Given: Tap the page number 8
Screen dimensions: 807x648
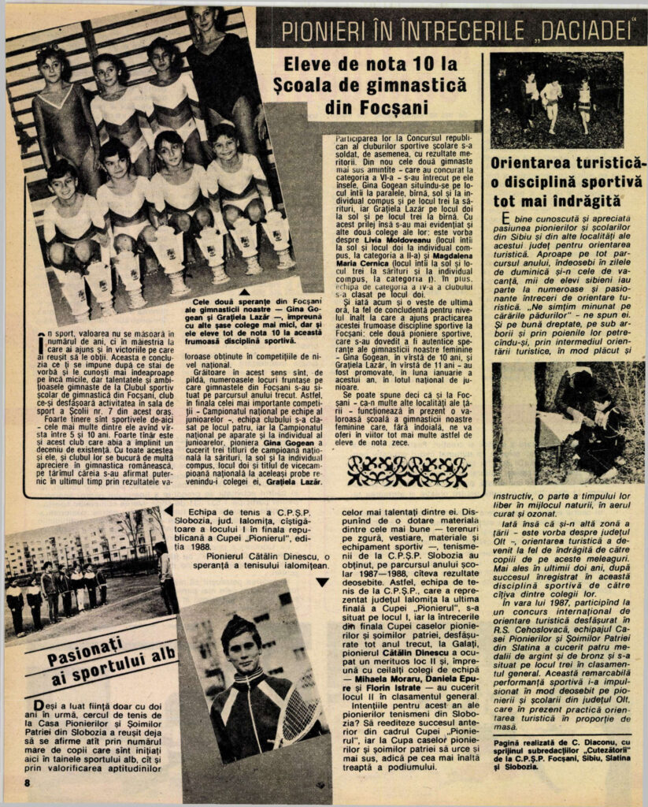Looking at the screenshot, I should click(27, 782).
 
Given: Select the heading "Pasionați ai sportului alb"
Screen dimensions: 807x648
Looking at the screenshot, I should click(100, 661).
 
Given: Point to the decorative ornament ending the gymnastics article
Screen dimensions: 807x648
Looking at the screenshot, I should click(408, 470).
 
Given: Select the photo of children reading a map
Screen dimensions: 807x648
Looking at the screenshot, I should click(567, 422).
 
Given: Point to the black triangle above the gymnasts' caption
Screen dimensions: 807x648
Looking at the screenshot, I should click(244, 292).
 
